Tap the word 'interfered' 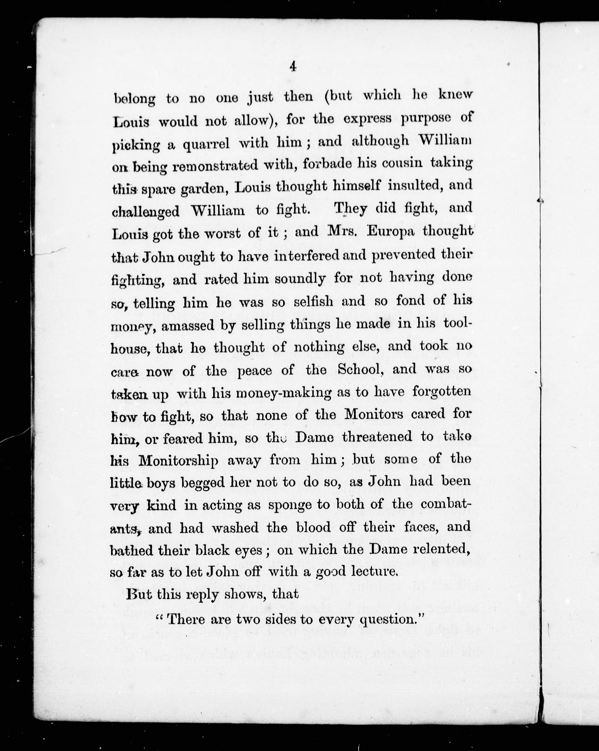click(x=306, y=256)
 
